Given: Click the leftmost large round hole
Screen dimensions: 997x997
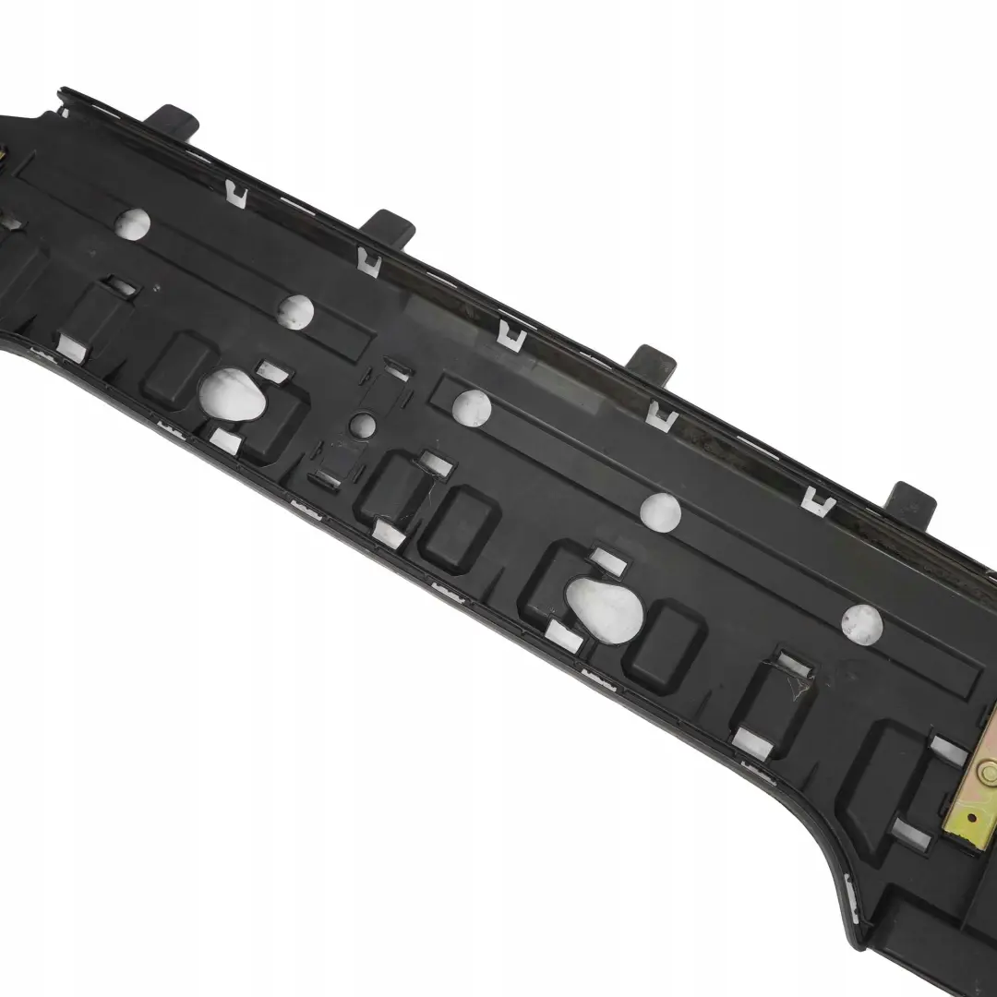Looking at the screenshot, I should (132, 223).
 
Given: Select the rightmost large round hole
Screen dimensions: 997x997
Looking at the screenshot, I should (861, 625).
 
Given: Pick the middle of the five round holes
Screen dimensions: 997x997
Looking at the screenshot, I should (472, 407).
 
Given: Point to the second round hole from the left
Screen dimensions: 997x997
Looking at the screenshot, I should (295, 311).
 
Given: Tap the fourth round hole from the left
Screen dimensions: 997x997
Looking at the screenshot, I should (660, 511).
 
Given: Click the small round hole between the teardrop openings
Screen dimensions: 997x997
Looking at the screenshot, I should (364, 426).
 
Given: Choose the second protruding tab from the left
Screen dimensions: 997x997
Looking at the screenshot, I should (391, 226).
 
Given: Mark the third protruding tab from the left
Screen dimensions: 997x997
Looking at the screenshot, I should (655, 361).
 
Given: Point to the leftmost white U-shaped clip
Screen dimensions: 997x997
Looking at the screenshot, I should (236, 194).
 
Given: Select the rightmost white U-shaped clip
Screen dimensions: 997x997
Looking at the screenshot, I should (818, 501).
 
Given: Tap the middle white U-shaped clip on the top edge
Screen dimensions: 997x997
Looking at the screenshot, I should (511, 336).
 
